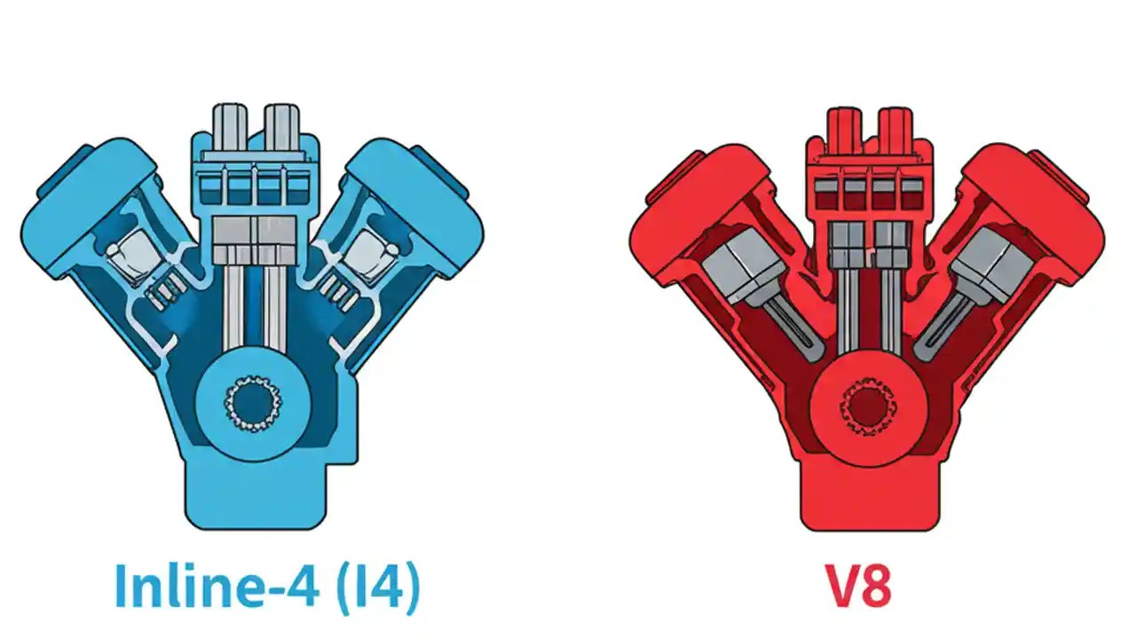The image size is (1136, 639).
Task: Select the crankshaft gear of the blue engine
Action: pyautogui.click(x=255, y=404)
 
